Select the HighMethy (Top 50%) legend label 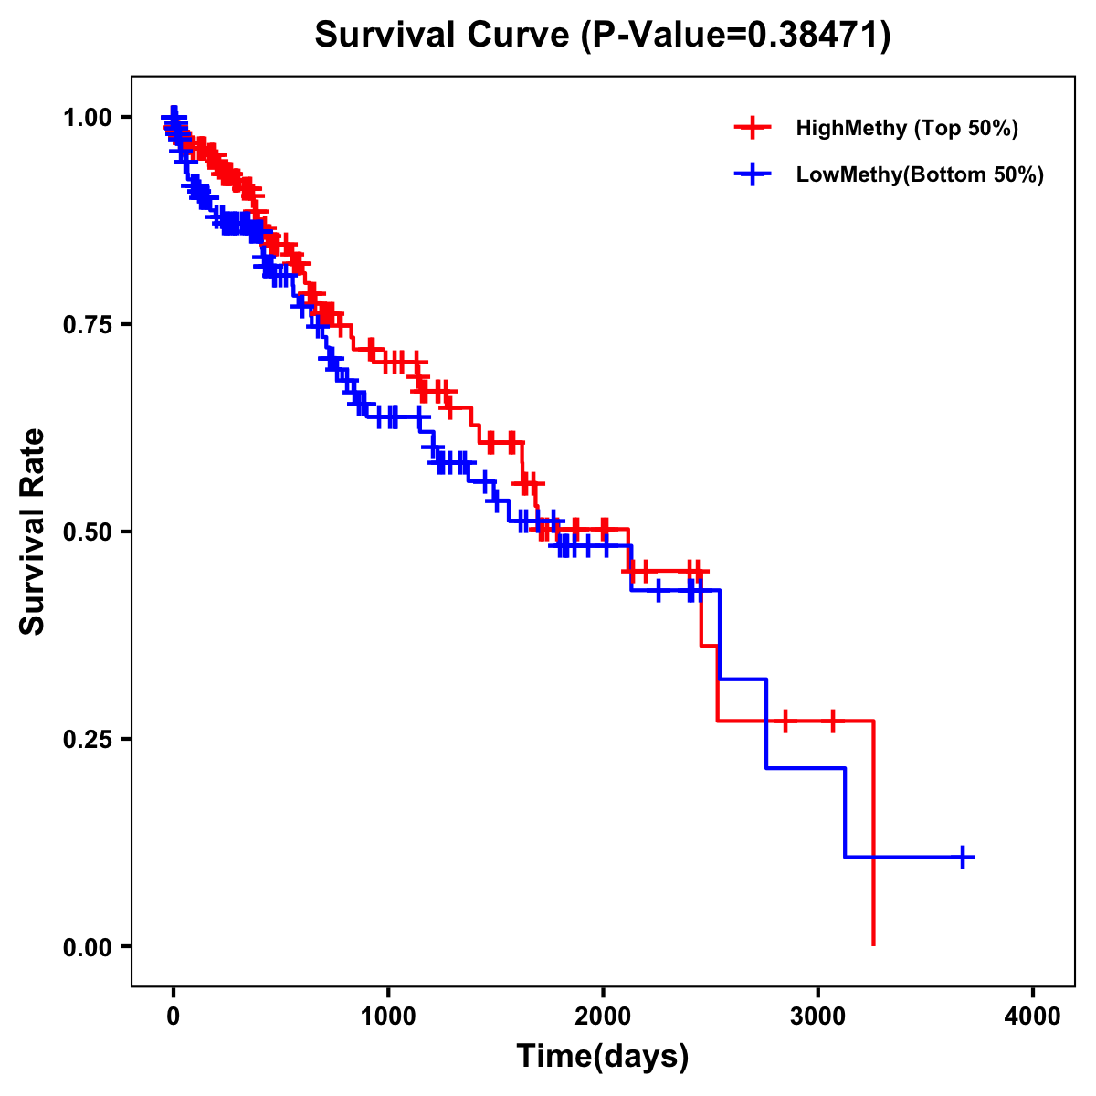pos(906,128)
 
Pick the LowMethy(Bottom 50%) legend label pos(920,174)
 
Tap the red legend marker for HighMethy pos(753,128)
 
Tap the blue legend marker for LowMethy pos(753,174)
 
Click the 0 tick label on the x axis pos(174,1017)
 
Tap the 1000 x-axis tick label pos(388,1017)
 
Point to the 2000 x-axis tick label pos(603,1017)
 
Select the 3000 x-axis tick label pos(818,1017)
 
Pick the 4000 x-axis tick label pos(1033,1017)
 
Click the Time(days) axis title pos(603,1057)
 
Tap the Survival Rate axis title pos(34,532)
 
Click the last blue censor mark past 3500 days pos(963,857)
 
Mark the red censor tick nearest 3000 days pos(832,721)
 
